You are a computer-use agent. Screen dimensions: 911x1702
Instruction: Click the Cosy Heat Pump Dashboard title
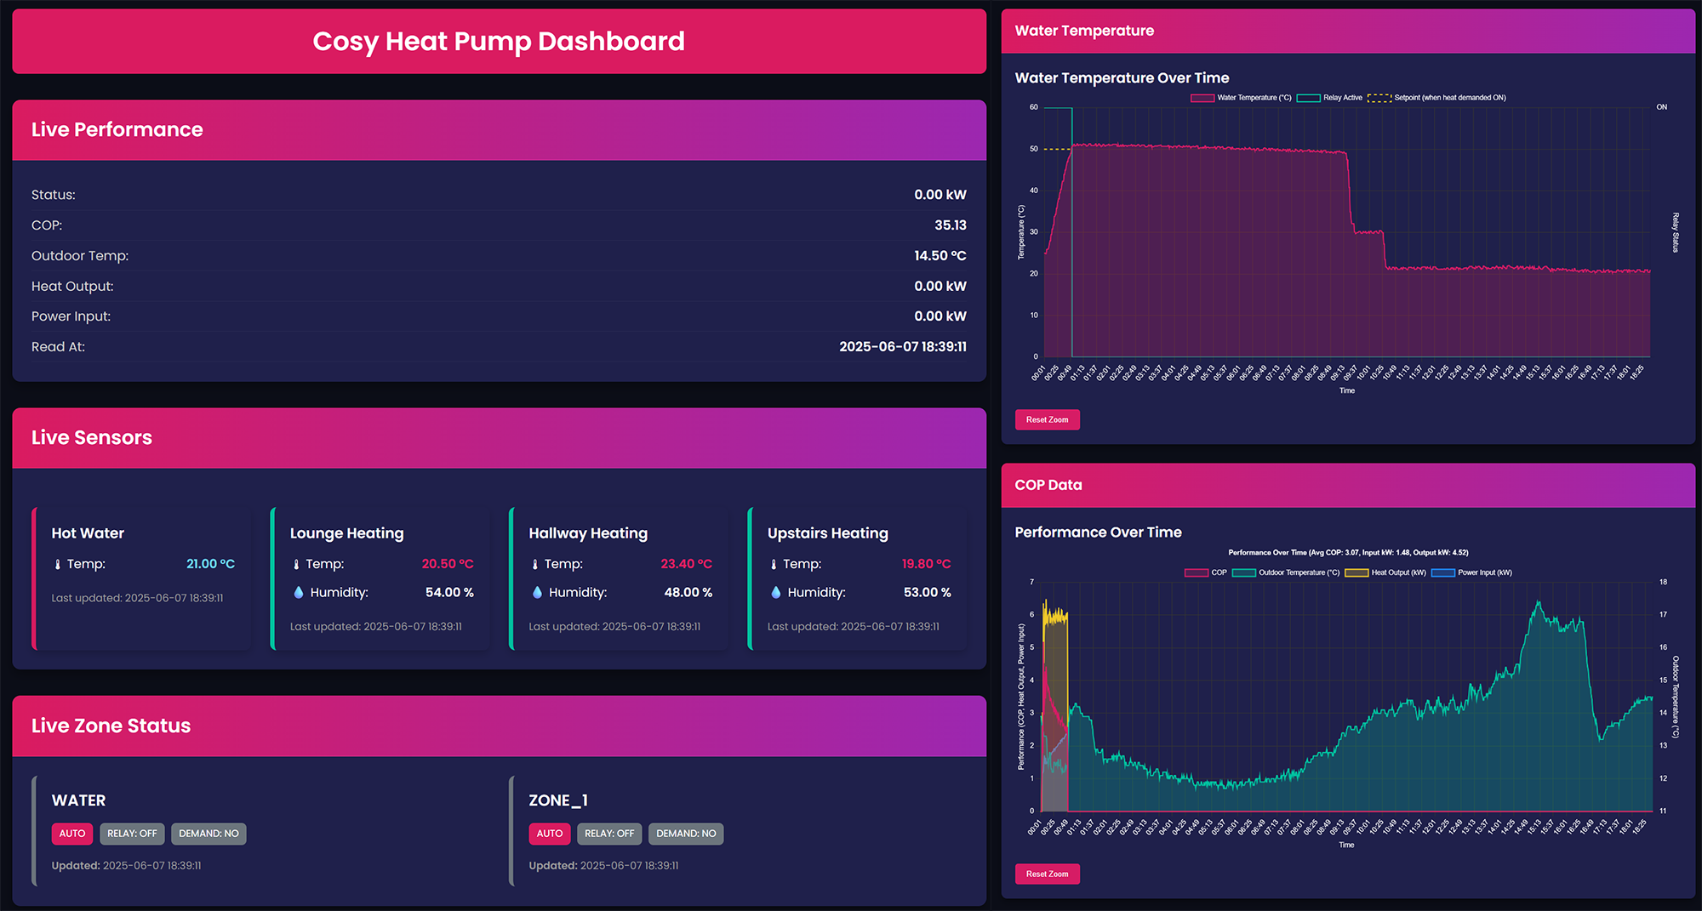(x=498, y=41)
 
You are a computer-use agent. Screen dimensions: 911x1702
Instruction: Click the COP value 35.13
(x=950, y=225)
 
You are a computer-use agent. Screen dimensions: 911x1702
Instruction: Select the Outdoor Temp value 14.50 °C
(x=940, y=256)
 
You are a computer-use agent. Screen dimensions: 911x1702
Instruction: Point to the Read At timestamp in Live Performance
(x=902, y=347)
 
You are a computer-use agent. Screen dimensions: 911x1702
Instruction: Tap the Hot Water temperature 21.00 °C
(x=210, y=564)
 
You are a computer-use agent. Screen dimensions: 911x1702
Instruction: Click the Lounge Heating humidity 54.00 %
(x=449, y=593)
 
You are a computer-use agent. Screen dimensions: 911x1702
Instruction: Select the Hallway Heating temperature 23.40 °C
(x=686, y=564)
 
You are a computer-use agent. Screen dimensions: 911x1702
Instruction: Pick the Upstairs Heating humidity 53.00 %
(x=927, y=593)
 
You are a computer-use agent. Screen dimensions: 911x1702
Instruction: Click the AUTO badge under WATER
(x=72, y=834)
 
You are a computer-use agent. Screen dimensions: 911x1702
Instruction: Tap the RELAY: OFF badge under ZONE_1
(x=608, y=834)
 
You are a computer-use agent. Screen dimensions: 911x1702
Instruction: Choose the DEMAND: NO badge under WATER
(x=208, y=834)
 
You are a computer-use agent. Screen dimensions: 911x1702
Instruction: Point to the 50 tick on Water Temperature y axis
(x=1034, y=149)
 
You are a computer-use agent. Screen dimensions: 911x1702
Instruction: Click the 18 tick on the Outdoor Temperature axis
(x=1663, y=583)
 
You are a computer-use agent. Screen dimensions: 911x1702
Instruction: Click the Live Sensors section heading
(x=92, y=438)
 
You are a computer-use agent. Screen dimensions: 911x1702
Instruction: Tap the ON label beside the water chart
(x=1661, y=107)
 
